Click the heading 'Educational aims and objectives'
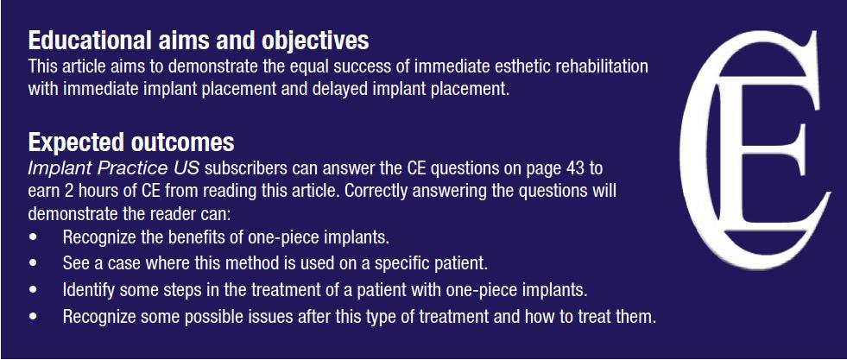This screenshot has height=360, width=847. click(x=199, y=41)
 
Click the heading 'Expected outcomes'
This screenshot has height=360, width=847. click(x=131, y=142)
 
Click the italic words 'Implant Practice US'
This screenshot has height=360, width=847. click(x=114, y=169)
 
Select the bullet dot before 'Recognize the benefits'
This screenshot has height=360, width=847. click(x=34, y=237)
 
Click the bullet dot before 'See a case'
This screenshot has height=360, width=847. click(x=34, y=264)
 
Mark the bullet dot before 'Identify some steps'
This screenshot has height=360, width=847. click(x=34, y=290)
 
